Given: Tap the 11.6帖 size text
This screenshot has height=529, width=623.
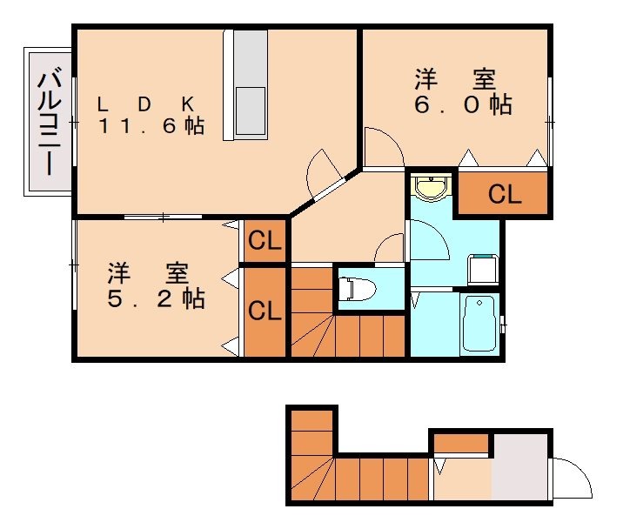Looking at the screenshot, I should tap(151, 126).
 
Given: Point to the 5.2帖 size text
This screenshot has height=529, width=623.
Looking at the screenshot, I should tap(157, 298).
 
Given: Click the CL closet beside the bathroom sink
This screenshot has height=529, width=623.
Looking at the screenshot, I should tap(504, 195).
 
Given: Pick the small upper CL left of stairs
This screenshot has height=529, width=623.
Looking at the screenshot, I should tap(264, 242).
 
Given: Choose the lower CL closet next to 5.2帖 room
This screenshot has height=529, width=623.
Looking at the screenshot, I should tap(264, 311).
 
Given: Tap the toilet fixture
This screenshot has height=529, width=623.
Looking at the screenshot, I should tap(358, 287).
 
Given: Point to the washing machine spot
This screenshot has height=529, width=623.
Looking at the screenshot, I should tap(481, 269).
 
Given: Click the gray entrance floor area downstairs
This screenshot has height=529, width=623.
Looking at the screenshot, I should tap(521, 474).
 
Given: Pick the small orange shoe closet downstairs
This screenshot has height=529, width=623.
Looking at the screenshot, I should tap(460, 443).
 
